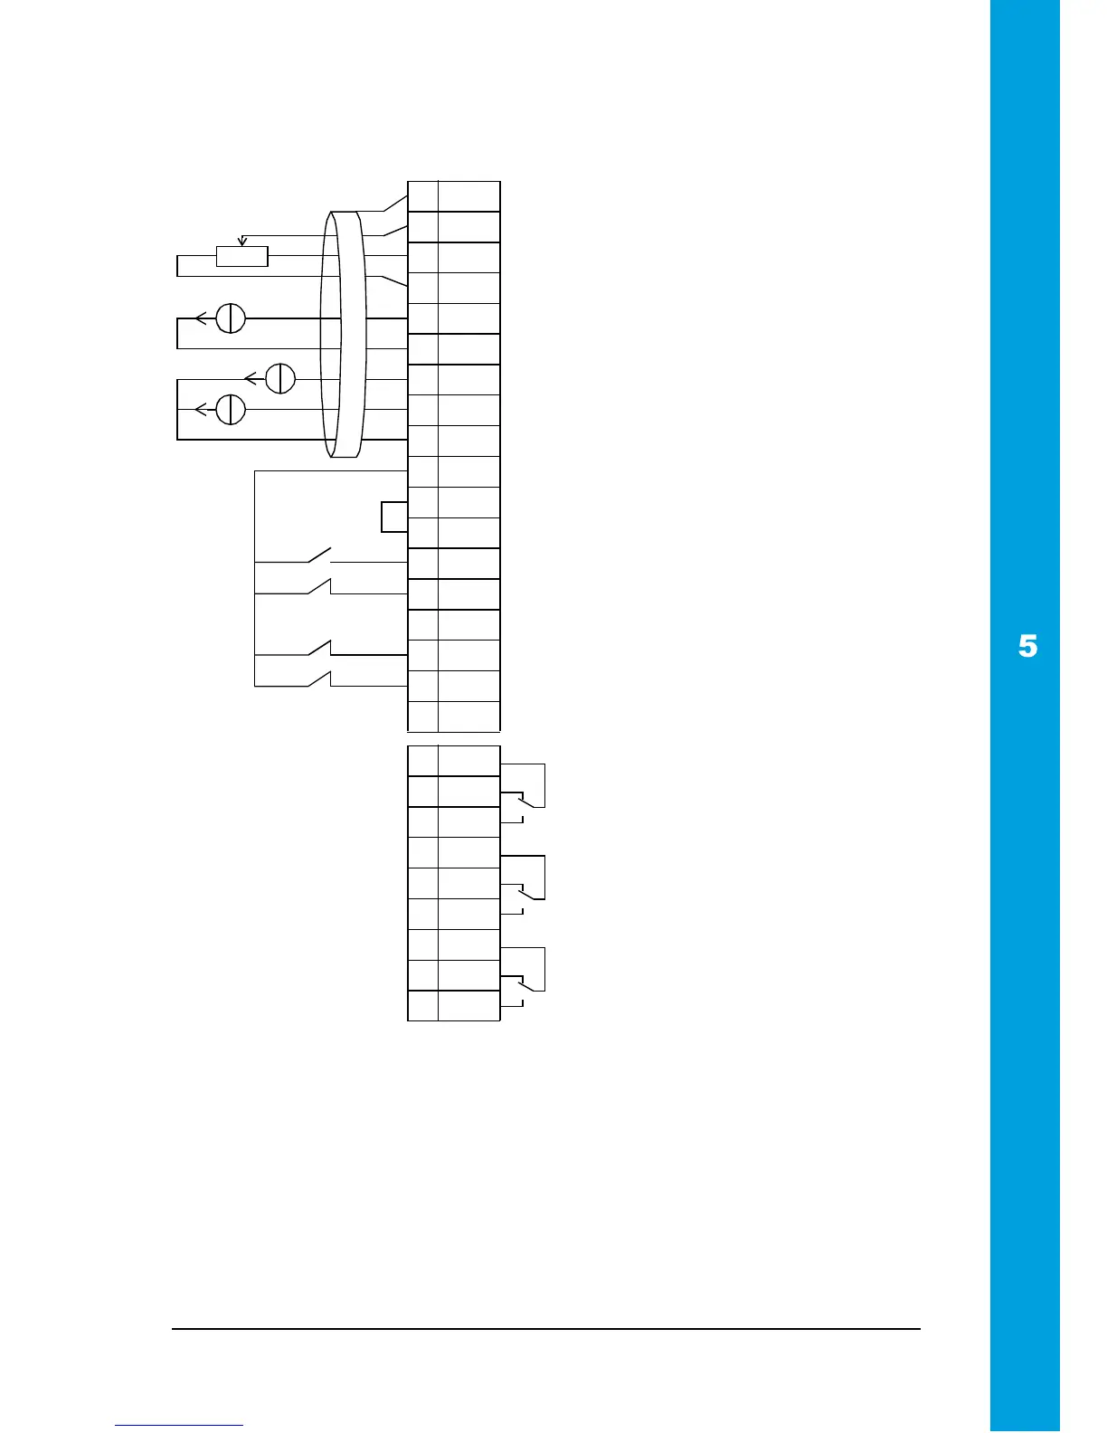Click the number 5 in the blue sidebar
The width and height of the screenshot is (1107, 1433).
[1027, 647]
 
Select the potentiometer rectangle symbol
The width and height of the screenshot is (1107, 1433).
[242, 256]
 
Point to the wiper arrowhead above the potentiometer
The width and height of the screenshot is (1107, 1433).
[241, 241]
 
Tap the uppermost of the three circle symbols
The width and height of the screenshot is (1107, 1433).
[232, 318]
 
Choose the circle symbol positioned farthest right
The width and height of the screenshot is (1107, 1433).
[281, 378]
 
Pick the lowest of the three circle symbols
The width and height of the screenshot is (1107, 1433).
[232, 409]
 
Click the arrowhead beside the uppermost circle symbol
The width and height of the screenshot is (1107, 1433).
[201, 318]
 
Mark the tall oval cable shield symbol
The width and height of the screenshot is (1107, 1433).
[344, 335]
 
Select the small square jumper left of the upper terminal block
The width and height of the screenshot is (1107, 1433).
[394, 517]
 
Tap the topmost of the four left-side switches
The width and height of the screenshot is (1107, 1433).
[320, 555]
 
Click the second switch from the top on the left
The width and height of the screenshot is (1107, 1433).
[320, 586]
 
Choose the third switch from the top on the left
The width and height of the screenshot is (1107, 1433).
[320, 647]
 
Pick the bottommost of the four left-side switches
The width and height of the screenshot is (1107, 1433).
[320, 679]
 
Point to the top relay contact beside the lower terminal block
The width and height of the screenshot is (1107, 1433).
[525, 802]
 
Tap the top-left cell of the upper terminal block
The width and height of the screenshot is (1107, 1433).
[423, 196]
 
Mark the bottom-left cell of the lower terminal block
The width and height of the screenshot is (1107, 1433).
[423, 1006]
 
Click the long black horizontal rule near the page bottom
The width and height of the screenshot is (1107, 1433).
[546, 1329]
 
